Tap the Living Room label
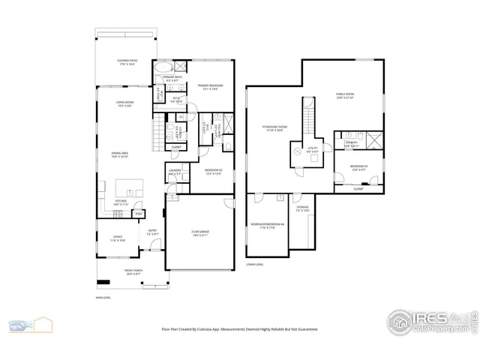click(124, 103)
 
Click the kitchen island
click(127, 187)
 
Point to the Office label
click(118, 239)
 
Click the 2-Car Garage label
click(199, 232)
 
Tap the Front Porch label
click(135, 271)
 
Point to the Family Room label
click(345, 95)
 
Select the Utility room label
click(313, 149)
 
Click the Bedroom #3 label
click(358, 166)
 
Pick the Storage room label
click(302, 208)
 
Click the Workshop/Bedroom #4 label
click(267, 226)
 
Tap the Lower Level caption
click(255, 264)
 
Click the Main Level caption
click(103, 298)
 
